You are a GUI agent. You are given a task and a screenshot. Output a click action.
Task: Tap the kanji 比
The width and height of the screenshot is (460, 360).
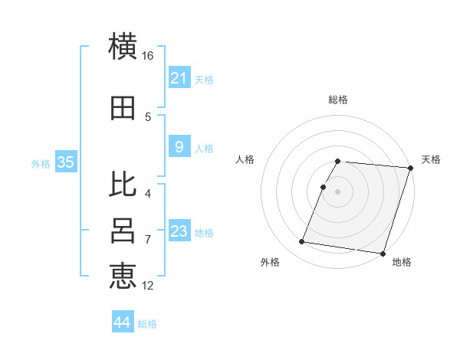(123, 184)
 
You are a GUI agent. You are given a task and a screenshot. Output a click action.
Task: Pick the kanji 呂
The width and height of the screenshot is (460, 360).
(123, 231)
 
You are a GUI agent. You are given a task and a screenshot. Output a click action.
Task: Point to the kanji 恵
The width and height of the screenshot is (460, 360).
(123, 276)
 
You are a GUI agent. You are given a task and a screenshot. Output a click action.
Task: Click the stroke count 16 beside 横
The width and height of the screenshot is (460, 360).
(148, 55)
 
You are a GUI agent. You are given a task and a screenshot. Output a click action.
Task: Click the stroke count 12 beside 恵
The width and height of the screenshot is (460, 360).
(148, 286)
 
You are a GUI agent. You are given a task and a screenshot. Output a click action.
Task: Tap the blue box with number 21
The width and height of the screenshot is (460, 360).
(179, 78)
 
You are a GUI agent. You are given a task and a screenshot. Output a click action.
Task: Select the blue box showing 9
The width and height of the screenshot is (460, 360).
(179, 148)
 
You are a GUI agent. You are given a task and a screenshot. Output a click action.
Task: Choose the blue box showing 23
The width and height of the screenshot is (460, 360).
(179, 231)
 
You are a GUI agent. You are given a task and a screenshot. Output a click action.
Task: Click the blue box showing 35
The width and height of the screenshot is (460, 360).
(65, 162)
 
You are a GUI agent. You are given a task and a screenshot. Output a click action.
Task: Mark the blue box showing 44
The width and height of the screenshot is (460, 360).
(123, 322)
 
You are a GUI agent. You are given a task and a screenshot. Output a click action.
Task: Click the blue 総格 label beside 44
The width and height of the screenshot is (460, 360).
(147, 324)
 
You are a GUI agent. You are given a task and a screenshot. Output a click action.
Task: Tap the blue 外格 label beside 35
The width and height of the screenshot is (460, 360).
(41, 163)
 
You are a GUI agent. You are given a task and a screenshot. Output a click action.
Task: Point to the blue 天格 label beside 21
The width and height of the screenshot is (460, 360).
(204, 80)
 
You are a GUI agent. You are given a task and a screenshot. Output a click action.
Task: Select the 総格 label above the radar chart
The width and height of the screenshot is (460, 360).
(338, 100)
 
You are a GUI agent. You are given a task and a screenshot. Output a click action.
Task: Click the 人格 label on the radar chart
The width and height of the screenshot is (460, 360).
(245, 159)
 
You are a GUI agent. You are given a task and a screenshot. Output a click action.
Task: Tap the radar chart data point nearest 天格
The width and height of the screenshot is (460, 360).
(410, 169)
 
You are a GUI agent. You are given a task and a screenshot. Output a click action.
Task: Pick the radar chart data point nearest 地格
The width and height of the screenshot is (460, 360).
(381, 253)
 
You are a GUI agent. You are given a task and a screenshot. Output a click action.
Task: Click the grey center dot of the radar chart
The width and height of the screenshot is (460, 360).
(337, 191)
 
